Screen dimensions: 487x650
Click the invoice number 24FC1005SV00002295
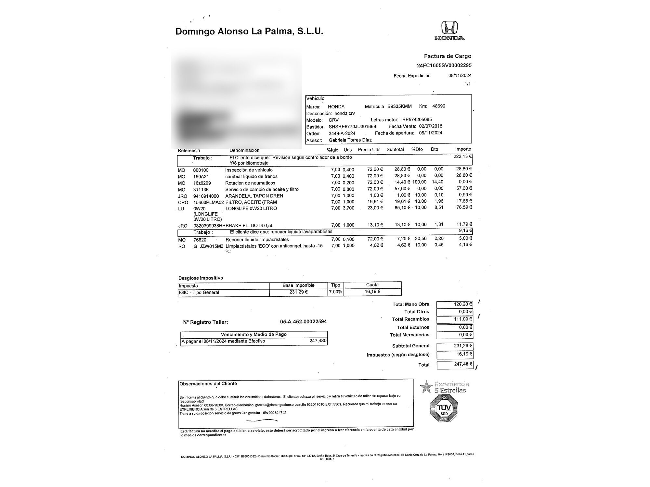[444, 65]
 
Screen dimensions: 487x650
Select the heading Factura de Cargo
[448, 56]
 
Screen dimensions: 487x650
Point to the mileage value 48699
[439, 106]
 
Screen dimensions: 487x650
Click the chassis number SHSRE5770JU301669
[352, 127]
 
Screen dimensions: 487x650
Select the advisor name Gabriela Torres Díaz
[350, 140]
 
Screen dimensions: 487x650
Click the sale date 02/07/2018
[431, 126]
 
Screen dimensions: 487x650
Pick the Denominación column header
[244, 150]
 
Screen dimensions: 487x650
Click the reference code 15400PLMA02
[208, 202]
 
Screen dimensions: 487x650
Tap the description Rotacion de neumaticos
[250, 183]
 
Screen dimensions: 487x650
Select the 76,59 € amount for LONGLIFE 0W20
[464, 207]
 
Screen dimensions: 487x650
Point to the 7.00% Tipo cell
[335, 292]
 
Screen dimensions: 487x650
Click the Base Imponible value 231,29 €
[298, 292]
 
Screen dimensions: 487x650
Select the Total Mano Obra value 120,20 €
[454, 305]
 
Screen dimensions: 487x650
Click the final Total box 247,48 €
[454, 365]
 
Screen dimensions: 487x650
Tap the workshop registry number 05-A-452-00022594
[303, 322]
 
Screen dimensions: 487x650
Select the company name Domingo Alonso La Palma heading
[249, 31]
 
